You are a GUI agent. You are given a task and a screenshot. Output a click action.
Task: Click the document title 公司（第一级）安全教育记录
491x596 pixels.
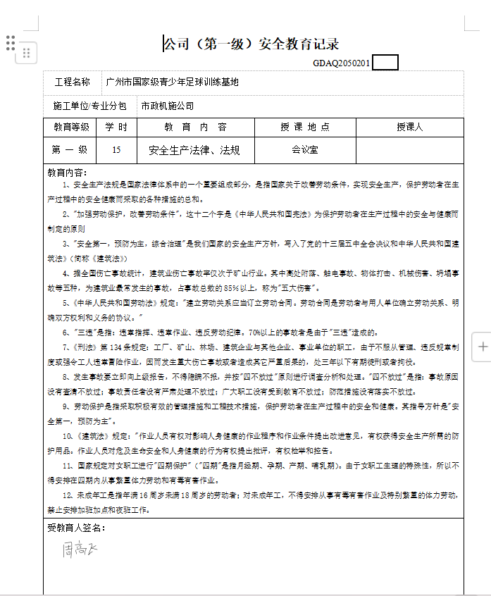pos(251,44)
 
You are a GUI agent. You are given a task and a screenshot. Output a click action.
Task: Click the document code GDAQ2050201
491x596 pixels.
pos(342,63)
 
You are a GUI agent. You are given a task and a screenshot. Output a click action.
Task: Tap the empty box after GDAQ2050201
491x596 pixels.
pos(385,63)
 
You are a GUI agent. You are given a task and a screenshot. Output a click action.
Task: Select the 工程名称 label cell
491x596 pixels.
pos(73,82)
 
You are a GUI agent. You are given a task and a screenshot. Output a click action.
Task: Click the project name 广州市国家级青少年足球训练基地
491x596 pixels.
pos(172,82)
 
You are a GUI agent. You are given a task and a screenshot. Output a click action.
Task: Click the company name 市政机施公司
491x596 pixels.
pos(167,106)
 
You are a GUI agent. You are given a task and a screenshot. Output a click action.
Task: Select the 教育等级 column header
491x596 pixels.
pos(72,128)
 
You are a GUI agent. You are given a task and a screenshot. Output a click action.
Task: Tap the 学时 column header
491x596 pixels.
pos(116,128)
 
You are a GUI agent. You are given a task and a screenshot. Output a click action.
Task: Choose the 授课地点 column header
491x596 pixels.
pos(305,128)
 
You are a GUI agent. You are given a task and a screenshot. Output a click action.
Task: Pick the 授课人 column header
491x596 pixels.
pos(409,128)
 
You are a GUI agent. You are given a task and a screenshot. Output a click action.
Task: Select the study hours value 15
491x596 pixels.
pos(116,150)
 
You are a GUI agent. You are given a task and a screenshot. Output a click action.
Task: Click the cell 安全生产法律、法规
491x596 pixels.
pos(194,150)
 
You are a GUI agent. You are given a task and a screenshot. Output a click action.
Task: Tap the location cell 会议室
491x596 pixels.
pos(305,150)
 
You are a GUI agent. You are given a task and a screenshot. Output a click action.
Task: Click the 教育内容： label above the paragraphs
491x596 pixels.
pos(67,173)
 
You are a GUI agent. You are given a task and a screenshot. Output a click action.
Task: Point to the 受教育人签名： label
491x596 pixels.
pos(76,528)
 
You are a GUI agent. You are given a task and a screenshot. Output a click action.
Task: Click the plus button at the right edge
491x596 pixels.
pos(483,347)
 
